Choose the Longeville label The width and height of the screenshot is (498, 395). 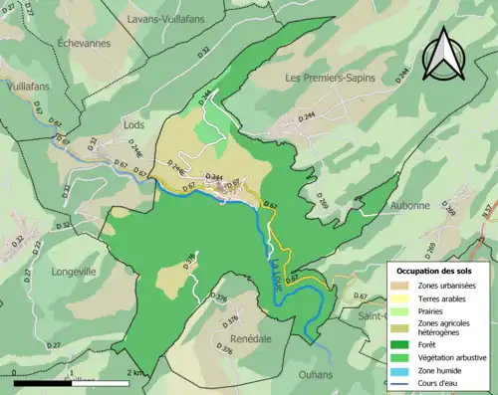(64, 270)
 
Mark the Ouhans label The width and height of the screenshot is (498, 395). (317, 375)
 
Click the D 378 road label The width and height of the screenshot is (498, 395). (190, 263)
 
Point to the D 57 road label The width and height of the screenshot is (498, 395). (487, 211)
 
